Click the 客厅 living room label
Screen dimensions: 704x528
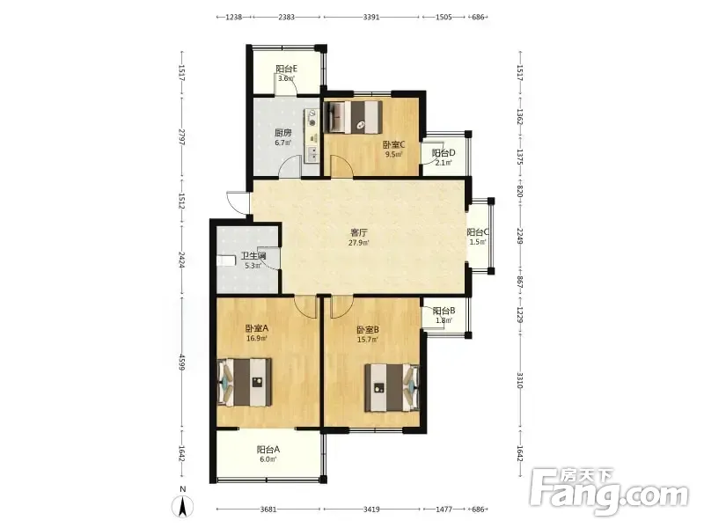tap(359, 233)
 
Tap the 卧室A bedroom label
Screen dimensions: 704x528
tap(257, 328)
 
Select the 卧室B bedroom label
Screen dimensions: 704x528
tap(368, 330)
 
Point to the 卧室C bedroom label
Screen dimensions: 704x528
tap(393, 144)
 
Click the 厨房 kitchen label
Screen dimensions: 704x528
tap(282, 133)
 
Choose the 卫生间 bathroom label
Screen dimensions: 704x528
tap(253, 256)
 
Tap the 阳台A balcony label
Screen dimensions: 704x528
tap(268, 450)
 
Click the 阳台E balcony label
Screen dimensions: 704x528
tap(287, 69)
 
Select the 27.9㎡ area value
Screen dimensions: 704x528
tap(359, 243)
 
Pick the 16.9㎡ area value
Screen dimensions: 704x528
tap(257, 339)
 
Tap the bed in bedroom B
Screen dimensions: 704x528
tap(392, 387)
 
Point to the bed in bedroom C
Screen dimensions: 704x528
tap(353, 117)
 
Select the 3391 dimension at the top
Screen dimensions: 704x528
tap(371, 17)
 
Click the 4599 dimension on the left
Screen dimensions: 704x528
tap(182, 363)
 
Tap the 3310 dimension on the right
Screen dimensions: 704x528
tap(520, 380)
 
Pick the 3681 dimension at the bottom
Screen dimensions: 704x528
tap(268, 510)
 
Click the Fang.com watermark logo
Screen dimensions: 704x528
tap(609, 492)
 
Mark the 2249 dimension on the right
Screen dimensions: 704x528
tap(520, 237)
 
